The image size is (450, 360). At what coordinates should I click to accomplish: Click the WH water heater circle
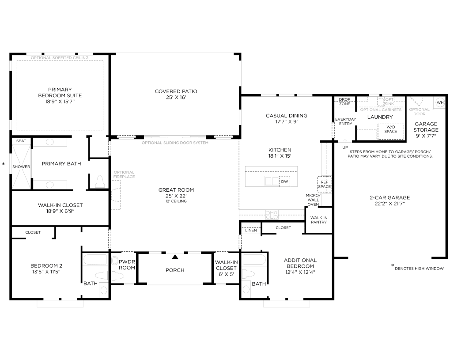click(440, 102)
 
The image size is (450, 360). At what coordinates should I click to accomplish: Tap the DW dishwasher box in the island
click(284, 182)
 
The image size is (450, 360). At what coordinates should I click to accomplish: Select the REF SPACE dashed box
click(324, 184)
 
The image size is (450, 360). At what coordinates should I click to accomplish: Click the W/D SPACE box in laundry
click(390, 132)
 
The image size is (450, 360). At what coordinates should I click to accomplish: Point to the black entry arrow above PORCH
click(175, 257)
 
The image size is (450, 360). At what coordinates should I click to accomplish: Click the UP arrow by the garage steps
click(345, 141)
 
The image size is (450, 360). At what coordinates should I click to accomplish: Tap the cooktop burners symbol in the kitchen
click(272, 214)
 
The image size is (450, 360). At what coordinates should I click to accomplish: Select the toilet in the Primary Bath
click(100, 182)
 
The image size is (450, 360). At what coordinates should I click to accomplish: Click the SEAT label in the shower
click(21, 141)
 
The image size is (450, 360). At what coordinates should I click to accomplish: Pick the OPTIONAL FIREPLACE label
click(124, 174)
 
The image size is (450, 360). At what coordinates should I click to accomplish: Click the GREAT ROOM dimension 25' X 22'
click(176, 196)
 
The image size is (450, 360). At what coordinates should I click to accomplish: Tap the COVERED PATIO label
click(176, 91)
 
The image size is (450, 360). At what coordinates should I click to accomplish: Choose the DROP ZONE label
click(344, 102)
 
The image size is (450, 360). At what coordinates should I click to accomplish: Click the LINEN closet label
click(251, 230)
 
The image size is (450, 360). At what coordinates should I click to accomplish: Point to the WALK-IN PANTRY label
click(319, 220)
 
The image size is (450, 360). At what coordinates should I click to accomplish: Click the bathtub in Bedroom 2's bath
click(95, 260)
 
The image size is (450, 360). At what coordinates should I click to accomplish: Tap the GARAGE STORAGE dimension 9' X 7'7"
click(426, 136)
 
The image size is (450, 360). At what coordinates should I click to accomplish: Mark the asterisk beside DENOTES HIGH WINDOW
click(393, 266)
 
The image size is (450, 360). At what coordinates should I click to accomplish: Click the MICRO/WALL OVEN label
click(313, 200)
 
